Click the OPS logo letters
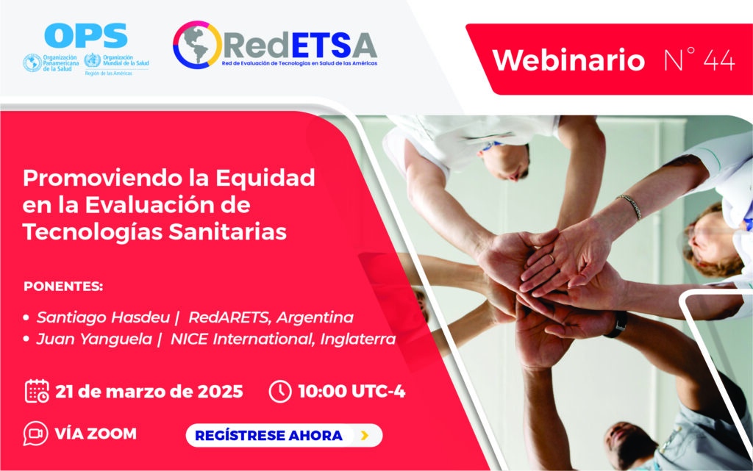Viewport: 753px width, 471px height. pos(86,35)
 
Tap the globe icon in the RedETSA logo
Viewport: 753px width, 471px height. pos(197,45)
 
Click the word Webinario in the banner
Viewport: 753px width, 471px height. pos(568,60)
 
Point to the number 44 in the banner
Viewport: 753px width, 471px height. pos(719,60)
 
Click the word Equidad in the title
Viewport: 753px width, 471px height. pos(265,179)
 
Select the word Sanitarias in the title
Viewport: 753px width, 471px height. pos(227,231)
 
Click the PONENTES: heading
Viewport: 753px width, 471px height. pos(63,287)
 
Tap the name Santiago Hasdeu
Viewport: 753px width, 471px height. pos(103,317)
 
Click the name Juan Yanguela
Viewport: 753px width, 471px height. pos(94,339)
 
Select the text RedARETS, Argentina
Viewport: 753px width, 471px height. pos(271,317)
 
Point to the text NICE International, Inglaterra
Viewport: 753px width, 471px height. pos(283,339)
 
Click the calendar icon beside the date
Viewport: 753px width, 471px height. pos(37,391)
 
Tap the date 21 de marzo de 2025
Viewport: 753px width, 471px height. pos(149,392)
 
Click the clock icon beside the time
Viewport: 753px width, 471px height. pos(280,391)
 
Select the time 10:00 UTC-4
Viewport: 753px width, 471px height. pos(352,391)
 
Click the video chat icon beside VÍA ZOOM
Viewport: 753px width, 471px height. pos(35,433)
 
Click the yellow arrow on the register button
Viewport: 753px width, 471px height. pos(365,436)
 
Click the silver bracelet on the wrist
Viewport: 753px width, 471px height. pos(630,206)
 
